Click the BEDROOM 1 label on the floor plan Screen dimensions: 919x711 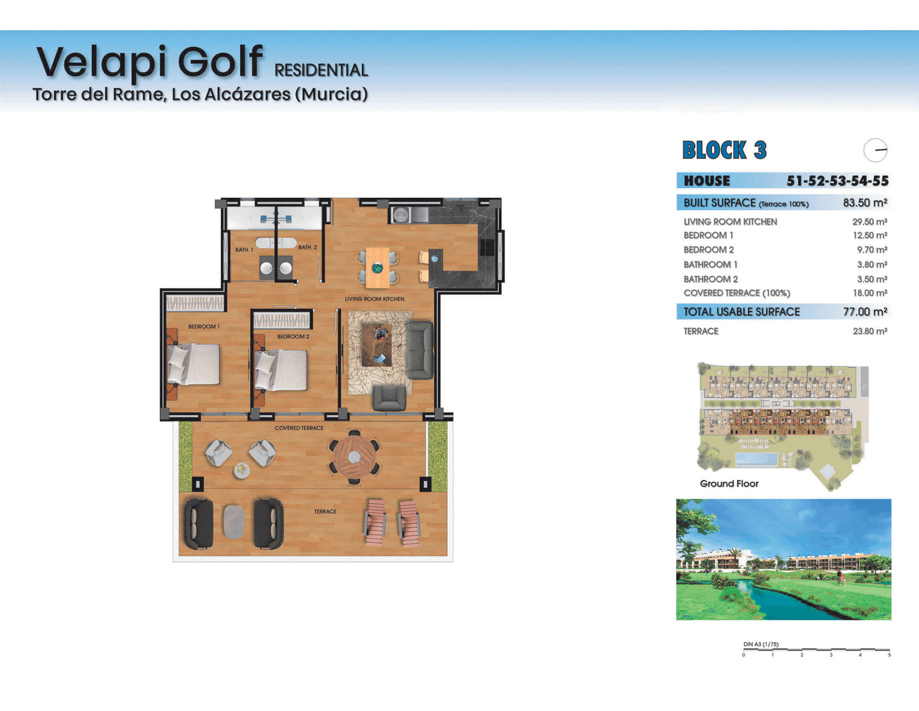click(x=204, y=327)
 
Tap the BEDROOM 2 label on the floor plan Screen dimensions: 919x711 click(x=293, y=337)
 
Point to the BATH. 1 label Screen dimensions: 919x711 click(x=244, y=250)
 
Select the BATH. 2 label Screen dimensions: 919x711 click(x=307, y=247)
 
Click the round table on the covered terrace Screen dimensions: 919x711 click(x=354, y=457)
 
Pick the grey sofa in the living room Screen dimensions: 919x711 click(x=420, y=350)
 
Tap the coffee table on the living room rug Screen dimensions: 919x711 click(x=377, y=345)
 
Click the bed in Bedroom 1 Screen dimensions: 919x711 click(x=193, y=364)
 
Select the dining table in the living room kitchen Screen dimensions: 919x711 click(x=378, y=268)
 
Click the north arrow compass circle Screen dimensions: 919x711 click(x=875, y=150)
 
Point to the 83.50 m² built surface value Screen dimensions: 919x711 click(x=865, y=202)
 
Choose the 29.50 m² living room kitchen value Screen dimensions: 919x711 click(x=870, y=222)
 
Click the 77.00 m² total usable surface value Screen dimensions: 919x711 click(x=865, y=312)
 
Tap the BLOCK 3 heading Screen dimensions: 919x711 click(x=725, y=151)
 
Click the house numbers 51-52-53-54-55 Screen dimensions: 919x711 click(x=838, y=181)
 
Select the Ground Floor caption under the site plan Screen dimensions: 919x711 click(x=729, y=483)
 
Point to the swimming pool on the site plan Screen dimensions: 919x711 click(x=756, y=460)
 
